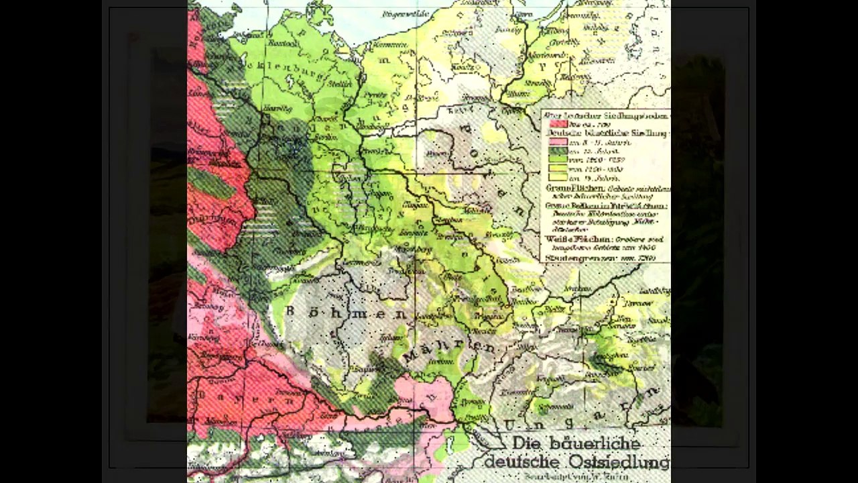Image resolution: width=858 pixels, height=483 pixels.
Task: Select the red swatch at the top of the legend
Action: click(x=557, y=123)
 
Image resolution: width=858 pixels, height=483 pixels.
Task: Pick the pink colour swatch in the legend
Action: click(x=557, y=142)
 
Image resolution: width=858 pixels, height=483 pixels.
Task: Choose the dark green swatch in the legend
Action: click(x=557, y=152)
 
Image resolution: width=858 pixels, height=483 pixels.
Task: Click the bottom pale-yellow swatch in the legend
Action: click(x=557, y=178)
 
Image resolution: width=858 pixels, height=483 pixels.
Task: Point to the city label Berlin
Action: click(x=326, y=135)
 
